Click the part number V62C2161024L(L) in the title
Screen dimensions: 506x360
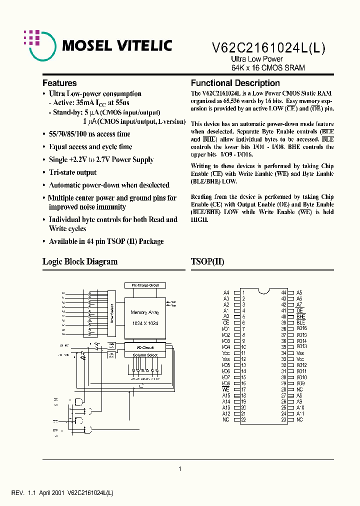[269, 48]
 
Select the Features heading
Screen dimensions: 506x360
[59, 83]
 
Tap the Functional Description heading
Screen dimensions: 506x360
[235, 83]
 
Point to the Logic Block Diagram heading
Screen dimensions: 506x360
[80, 261]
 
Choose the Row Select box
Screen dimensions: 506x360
[112, 313]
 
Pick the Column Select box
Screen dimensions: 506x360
[144, 355]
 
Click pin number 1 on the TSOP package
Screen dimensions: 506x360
[243, 292]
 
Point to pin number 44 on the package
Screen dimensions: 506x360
[283, 292]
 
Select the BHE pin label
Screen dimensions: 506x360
[300, 317]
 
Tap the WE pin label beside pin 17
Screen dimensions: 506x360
[225, 389]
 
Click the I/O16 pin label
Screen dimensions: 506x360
[301, 329]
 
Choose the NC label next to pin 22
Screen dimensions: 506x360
[225, 420]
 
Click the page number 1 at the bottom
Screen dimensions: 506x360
[180, 469]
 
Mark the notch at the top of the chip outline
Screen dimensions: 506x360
[263, 291]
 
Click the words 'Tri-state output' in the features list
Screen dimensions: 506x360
[72, 172]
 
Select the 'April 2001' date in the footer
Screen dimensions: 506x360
[51, 493]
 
